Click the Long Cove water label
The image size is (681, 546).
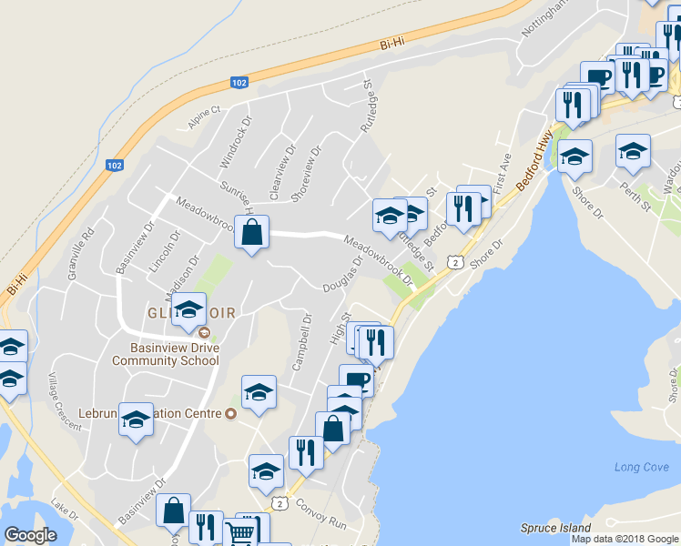point(641,467)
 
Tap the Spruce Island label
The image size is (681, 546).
point(555,528)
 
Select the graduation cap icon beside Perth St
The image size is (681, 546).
point(633,151)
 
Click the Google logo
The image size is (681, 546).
point(30,535)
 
